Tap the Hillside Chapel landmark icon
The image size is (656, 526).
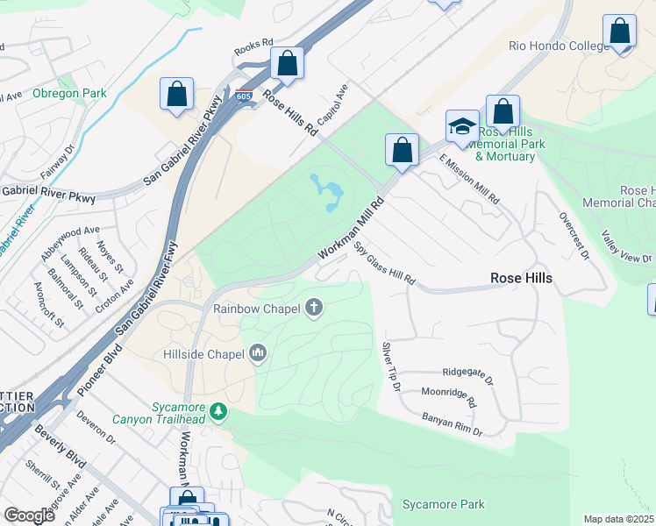click(258, 353)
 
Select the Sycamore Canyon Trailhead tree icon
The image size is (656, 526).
click(218, 410)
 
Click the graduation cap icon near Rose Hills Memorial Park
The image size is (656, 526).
click(461, 127)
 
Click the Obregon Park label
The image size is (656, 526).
click(69, 94)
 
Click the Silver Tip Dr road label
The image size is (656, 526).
click(390, 367)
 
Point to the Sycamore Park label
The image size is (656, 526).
click(443, 505)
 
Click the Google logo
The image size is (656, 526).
click(29, 515)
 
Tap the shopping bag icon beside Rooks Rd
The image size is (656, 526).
click(287, 63)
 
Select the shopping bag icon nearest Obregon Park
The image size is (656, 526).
click(177, 95)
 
